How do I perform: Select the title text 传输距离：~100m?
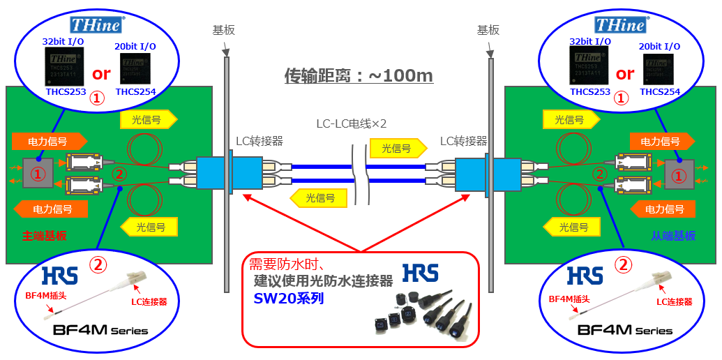click(x=359, y=75)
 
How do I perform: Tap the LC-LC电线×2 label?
click(x=351, y=123)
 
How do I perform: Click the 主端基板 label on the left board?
click(x=45, y=236)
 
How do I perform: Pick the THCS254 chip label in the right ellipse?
click(x=660, y=91)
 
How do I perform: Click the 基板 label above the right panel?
click(x=488, y=30)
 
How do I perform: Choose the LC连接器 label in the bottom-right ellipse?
click(x=675, y=301)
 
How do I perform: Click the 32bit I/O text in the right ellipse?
click(x=590, y=42)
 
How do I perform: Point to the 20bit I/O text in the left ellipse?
click(x=135, y=46)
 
